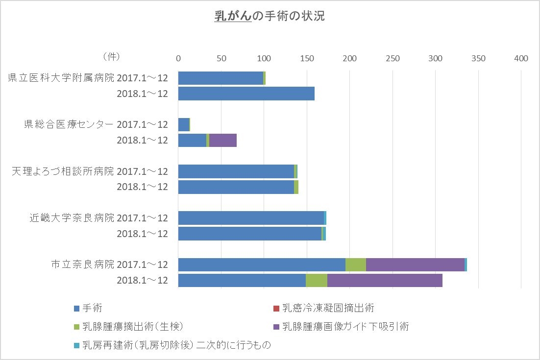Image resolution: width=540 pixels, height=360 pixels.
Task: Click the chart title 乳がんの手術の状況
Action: point(270,16)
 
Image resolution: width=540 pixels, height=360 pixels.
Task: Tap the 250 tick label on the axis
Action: point(393,59)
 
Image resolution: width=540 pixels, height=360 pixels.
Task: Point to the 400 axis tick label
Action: point(521,59)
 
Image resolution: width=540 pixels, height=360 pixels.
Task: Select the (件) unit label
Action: point(111,57)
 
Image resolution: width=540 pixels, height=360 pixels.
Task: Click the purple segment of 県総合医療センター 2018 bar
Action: point(223,140)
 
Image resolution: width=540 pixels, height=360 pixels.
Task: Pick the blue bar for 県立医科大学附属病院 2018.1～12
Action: point(246,94)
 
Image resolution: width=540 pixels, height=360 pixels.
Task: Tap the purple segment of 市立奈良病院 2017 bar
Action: point(415,264)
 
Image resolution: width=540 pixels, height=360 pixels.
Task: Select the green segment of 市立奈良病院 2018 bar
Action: point(317,280)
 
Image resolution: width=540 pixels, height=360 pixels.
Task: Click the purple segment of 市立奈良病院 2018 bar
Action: point(385,280)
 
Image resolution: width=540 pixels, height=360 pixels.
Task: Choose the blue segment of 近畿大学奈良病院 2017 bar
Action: point(251,218)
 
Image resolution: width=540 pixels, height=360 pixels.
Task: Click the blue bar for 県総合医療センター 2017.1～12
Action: point(184,124)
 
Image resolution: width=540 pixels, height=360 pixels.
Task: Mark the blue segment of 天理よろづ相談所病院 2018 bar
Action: point(236,187)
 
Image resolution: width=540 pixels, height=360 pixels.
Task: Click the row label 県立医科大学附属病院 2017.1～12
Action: point(88,78)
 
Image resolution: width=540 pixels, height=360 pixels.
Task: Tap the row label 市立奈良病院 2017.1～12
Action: point(109,264)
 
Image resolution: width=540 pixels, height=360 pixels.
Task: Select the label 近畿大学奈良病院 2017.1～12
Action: point(98,218)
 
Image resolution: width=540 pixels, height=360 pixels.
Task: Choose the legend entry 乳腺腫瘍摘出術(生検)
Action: point(133,326)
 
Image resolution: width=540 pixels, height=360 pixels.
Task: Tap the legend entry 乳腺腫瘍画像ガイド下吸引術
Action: point(345,326)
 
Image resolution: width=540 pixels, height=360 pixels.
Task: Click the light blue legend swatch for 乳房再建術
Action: point(76,345)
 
